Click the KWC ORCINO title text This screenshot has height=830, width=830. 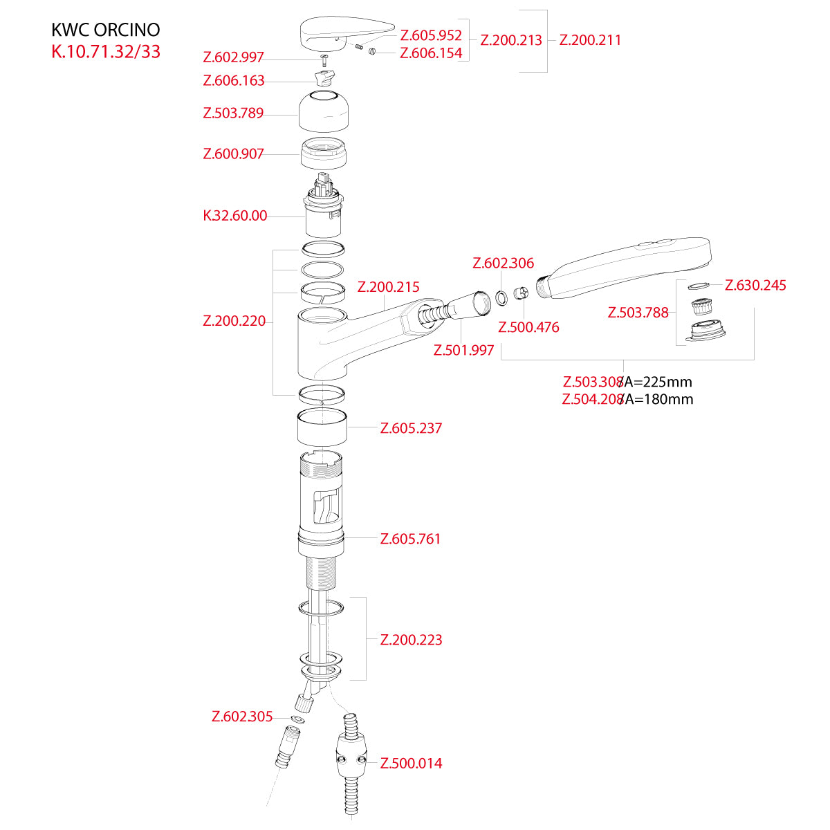click(106, 30)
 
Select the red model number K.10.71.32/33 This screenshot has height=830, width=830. click(106, 52)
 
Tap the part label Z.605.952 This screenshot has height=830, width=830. click(431, 35)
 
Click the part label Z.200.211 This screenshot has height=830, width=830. click(590, 40)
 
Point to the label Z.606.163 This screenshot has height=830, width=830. click(234, 81)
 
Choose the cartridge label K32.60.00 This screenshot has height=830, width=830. click(234, 216)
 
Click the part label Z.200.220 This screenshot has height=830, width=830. click(234, 321)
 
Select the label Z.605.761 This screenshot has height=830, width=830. click(410, 539)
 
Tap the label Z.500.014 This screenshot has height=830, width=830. click(411, 764)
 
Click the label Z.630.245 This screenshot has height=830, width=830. click(755, 286)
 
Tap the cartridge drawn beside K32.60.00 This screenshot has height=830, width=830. click(324, 207)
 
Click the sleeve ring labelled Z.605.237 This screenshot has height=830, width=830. click(322, 428)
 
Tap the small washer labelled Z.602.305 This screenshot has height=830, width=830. click(298, 720)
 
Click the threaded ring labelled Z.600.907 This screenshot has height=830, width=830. click(324, 153)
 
